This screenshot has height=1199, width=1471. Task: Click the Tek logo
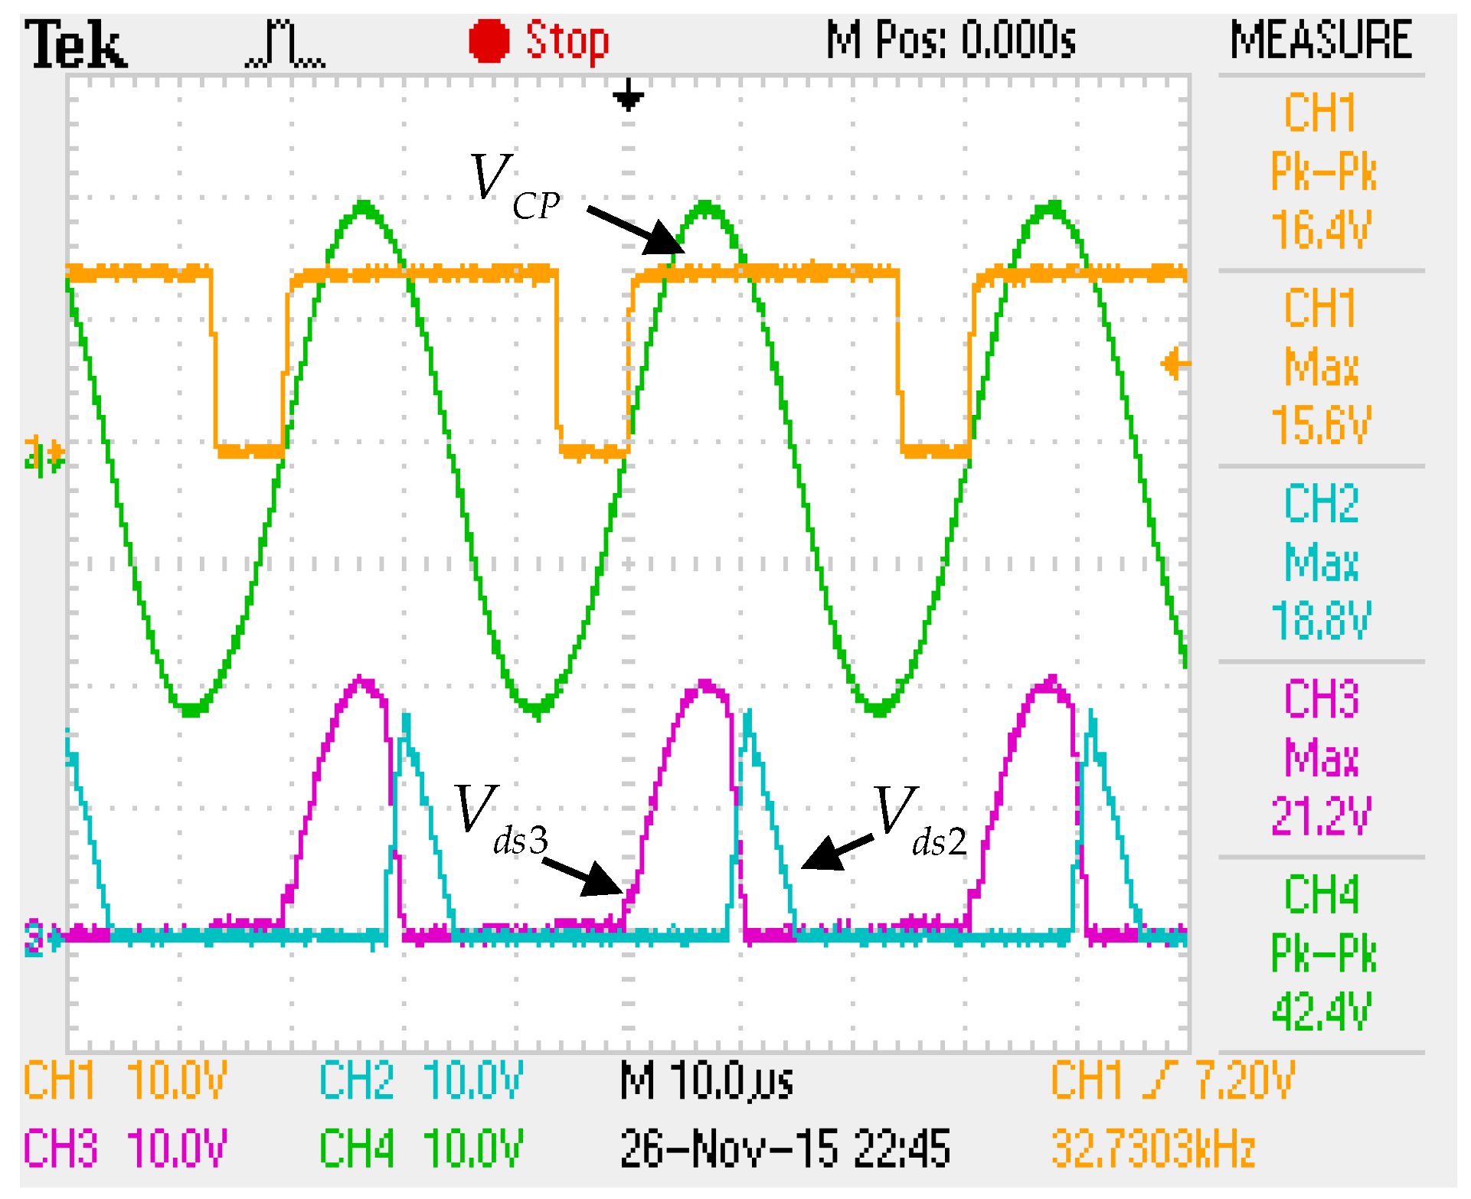[75, 44]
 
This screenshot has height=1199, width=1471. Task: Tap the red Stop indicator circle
[489, 41]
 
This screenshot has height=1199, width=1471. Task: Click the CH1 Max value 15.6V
[1321, 424]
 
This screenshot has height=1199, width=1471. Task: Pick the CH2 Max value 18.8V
[1321, 619]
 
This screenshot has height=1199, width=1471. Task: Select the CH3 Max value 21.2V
[1321, 815]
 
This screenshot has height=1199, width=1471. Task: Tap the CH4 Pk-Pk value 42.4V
[1321, 1011]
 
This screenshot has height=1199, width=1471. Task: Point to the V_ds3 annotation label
[501, 820]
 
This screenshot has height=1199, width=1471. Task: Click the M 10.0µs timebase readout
[706, 1081]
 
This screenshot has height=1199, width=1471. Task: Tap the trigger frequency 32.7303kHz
[1153, 1148]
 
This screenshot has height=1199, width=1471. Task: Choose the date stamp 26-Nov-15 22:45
[785, 1148]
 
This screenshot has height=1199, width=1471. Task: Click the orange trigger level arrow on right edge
[1174, 364]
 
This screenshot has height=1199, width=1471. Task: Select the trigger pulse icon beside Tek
[285, 44]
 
